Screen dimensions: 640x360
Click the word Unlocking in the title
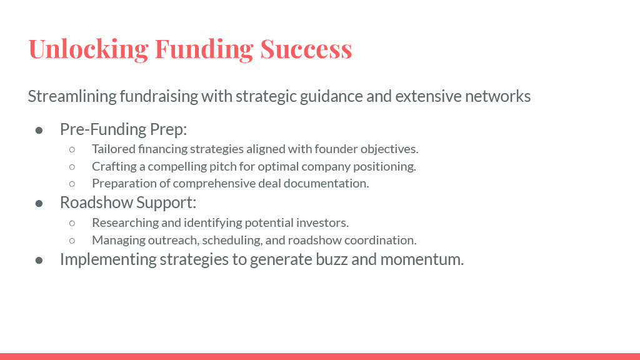(x=88, y=49)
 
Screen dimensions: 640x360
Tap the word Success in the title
(x=306, y=49)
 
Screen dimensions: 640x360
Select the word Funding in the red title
(x=204, y=49)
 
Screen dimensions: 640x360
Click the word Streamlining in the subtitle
(x=72, y=97)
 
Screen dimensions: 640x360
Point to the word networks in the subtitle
(x=497, y=96)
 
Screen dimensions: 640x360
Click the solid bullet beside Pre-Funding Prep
(x=39, y=130)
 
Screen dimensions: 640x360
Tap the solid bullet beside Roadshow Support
(x=39, y=203)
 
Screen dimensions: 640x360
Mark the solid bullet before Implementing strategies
(x=39, y=260)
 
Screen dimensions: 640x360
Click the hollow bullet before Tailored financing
(x=72, y=149)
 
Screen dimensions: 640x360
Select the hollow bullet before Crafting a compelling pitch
(x=72, y=167)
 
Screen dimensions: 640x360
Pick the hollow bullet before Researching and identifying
(x=72, y=223)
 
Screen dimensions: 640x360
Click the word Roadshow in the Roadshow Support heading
(x=96, y=202)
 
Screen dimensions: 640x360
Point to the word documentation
(x=326, y=183)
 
